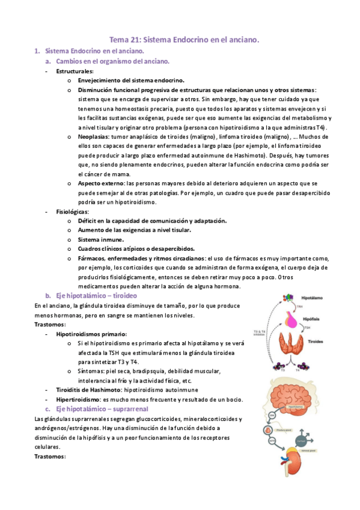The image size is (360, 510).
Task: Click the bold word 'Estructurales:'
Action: click(75, 71)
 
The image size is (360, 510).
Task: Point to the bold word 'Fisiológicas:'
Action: click(73, 212)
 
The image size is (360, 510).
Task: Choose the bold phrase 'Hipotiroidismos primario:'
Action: click(91, 333)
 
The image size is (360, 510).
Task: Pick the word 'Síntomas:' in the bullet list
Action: click(91, 371)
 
